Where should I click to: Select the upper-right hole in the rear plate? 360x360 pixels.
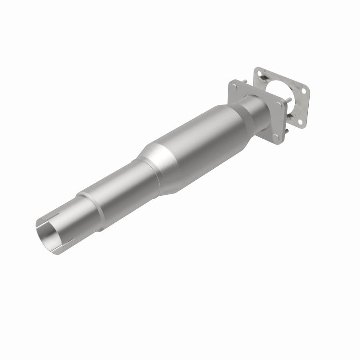(304, 91)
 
